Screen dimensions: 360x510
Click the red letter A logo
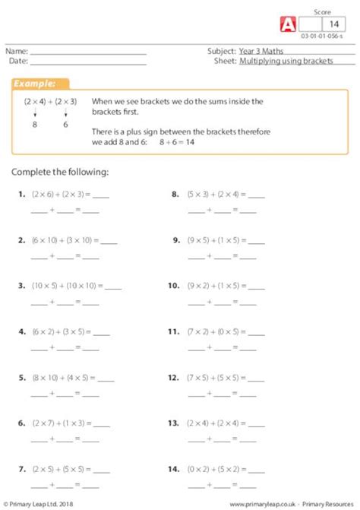289,24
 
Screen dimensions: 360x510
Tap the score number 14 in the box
331,24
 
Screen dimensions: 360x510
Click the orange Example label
39,84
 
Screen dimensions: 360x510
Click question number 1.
21,195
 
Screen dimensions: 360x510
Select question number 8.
175,195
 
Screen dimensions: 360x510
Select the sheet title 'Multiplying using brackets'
286,61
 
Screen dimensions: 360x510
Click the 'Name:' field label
19,51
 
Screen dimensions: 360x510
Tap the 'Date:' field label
19,61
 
